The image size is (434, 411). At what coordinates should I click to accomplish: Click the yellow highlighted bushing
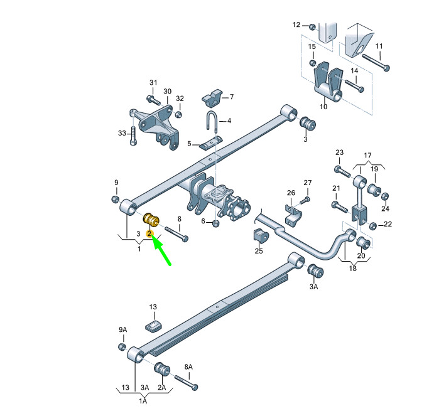click(151, 220)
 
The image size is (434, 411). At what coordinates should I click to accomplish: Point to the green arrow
click(161, 250)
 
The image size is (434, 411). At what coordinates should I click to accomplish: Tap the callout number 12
click(296, 25)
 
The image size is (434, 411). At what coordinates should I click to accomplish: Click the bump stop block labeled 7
click(212, 98)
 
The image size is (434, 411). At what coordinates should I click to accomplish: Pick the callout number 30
click(168, 91)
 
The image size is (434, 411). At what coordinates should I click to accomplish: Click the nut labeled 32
click(179, 114)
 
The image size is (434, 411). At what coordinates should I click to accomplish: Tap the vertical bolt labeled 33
click(133, 136)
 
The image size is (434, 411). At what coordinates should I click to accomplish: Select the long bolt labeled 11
click(376, 61)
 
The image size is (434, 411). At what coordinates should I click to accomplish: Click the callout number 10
click(323, 107)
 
